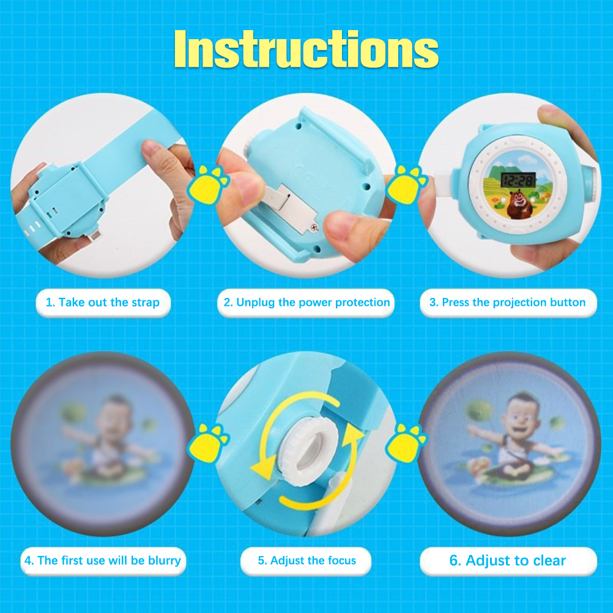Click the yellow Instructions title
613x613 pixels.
(306, 50)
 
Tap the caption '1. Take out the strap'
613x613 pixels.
(103, 302)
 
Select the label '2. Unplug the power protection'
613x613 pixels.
(306, 302)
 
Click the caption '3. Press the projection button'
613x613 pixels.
(507, 302)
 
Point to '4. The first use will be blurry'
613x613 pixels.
(102, 560)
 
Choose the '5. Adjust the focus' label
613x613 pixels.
(307, 560)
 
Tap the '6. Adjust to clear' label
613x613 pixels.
(507, 560)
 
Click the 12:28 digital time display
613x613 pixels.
(518, 180)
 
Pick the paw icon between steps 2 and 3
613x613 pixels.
(406, 184)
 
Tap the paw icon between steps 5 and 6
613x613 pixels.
(406, 443)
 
